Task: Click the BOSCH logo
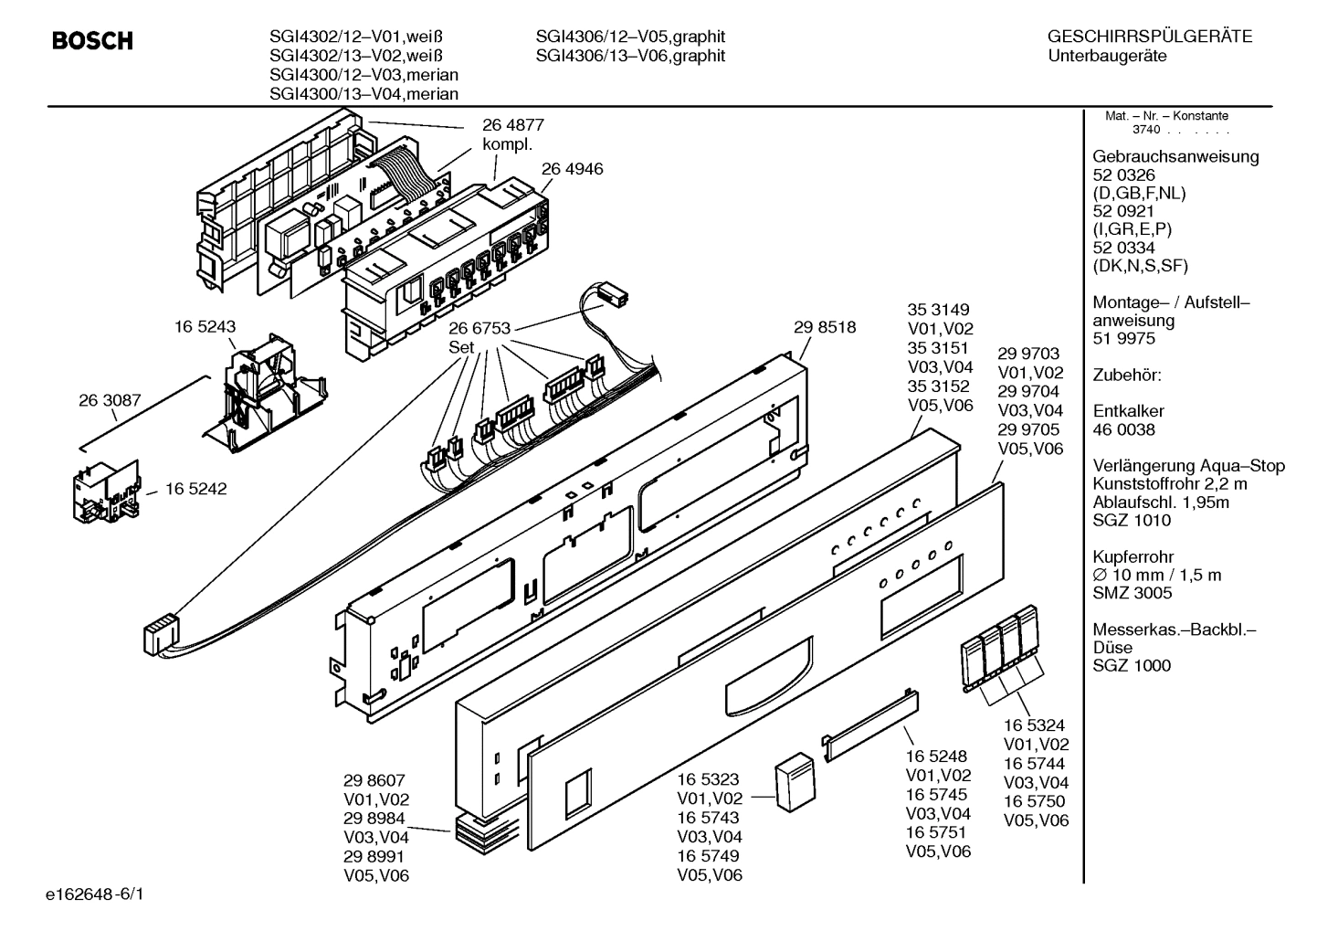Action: click(x=92, y=41)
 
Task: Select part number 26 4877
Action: click(x=513, y=125)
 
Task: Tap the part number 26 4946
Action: click(x=572, y=169)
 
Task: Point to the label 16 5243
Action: click(x=205, y=326)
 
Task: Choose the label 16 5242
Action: click(x=196, y=489)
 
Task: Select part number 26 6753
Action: click(x=479, y=329)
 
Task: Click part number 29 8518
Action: click(x=825, y=326)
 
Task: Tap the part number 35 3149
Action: click(x=938, y=310)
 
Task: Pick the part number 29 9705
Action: click(x=1029, y=429)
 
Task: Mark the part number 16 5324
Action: click(x=1035, y=725)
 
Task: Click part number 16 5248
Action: click(x=937, y=756)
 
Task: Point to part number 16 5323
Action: click(x=708, y=778)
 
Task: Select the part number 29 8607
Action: click(x=374, y=780)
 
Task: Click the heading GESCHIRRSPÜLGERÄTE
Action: click(x=1149, y=37)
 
